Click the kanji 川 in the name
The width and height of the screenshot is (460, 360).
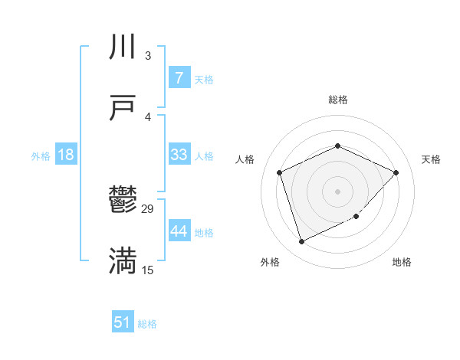coord(123,48)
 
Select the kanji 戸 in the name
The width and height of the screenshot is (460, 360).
coord(123,108)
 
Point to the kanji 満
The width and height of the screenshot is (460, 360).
coord(123,261)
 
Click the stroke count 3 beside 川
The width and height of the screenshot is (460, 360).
coord(148,56)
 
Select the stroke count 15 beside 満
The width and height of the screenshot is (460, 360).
coord(148,270)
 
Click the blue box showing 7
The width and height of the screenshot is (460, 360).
coord(179,78)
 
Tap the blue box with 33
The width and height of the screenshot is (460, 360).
coord(179,155)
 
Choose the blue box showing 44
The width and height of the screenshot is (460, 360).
coord(179,231)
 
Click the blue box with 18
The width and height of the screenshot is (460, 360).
coord(66,155)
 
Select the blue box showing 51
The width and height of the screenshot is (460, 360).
coord(123,322)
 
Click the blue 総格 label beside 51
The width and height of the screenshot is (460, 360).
coord(147,324)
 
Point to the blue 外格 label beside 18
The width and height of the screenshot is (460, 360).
coord(41,156)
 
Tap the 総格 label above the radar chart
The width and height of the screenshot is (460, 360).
coord(337,100)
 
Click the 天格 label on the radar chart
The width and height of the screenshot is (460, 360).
coord(431,159)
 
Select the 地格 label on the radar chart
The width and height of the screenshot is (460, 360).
coord(402,262)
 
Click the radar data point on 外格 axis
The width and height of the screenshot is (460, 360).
coord(301,242)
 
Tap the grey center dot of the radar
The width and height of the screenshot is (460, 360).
coord(337,191)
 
